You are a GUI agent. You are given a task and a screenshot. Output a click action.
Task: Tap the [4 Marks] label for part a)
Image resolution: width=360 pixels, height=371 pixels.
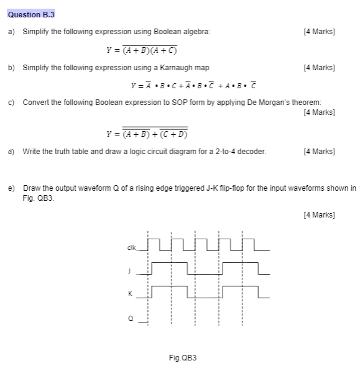coord(318,31)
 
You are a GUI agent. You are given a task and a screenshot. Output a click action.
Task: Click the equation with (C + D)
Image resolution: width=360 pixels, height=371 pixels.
coord(147,132)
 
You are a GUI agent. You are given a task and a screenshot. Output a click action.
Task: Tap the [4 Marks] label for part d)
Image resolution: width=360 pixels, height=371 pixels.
coord(318,150)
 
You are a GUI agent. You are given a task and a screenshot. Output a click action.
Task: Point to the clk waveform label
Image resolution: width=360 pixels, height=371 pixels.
coord(131,247)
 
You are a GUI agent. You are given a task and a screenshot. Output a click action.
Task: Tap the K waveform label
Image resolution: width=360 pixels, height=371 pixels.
coord(130,293)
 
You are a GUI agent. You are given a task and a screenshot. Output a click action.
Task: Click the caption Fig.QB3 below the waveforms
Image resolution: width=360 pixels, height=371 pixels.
coord(183,357)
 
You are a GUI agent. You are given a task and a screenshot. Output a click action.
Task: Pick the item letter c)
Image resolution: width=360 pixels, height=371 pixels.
coord(12,102)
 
